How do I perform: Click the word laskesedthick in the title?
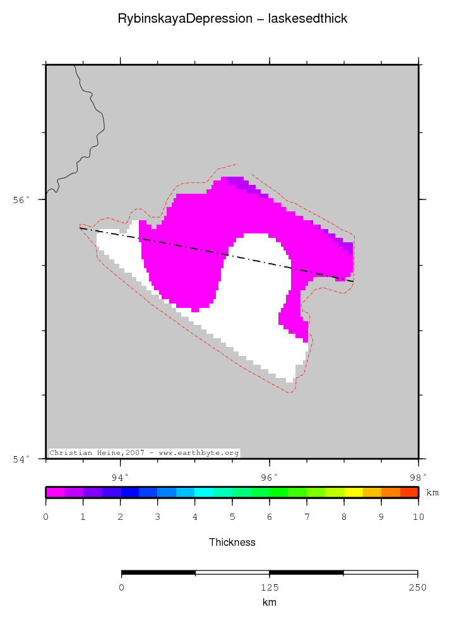pyautogui.click(x=308, y=19)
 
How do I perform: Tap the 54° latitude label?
pyautogui.click(x=21, y=459)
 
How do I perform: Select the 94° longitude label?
pyautogui.click(x=120, y=477)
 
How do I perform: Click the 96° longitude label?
pyautogui.click(x=270, y=477)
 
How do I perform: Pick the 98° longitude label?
pyautogui.click(x=418, y=477)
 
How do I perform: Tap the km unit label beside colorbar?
pyautogui.click(x=432, y=492)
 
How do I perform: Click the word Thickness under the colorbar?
pyautogui.click(x=232, y=542)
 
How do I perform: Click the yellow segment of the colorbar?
pyautogui.click(x=353, y=492)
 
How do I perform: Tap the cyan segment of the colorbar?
pyautogui.click(x=204, y=492)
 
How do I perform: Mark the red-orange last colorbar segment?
pyautogui.click(x=409, y=492)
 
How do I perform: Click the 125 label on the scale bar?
pyautogui.click(x=270, y=587)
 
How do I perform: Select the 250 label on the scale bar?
pyautogui.click(x=418, y=587)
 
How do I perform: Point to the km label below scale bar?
pyautogui.click(x=270, y=603)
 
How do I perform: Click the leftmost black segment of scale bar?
pyautogui.click(x=158, y=573)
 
